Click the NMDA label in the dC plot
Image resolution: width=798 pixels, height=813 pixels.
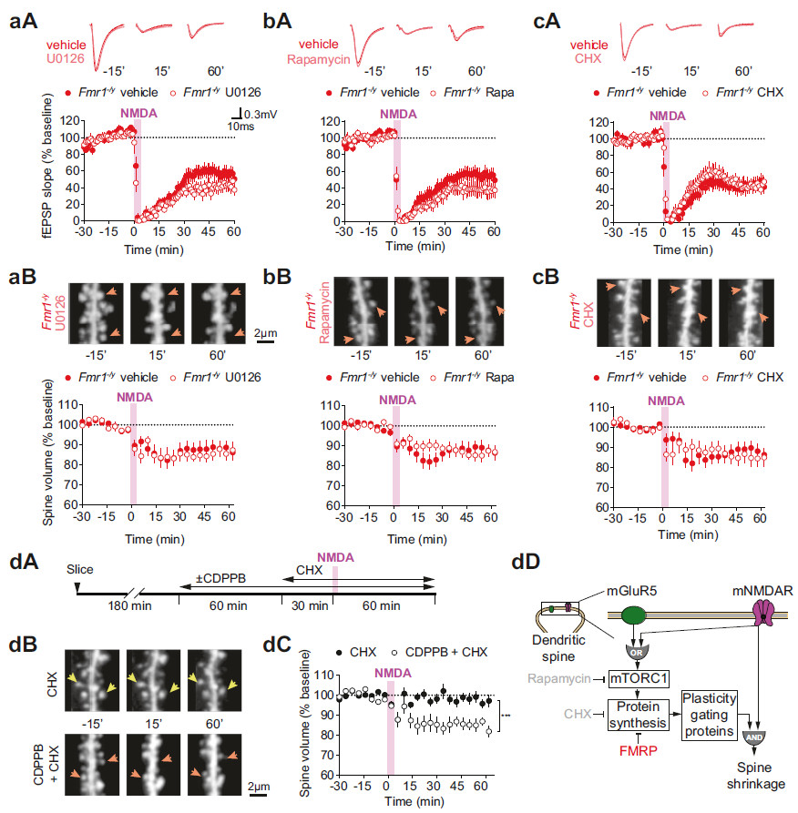tap(387, 674)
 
